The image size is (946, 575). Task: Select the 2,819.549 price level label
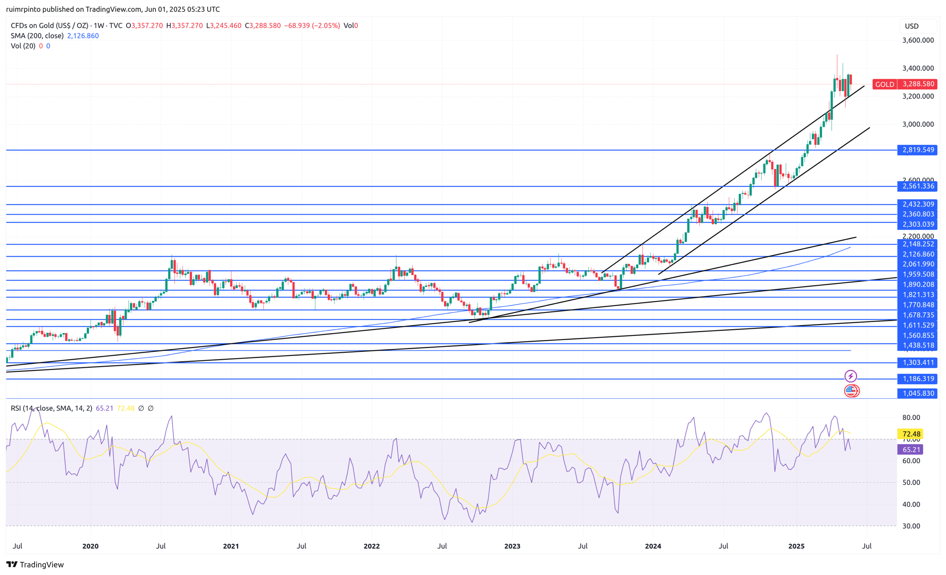918,150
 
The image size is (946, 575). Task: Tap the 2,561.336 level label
918,186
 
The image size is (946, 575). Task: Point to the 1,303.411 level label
918,363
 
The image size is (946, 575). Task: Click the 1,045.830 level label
918,393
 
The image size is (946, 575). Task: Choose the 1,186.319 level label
918,379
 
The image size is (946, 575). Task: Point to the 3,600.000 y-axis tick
918,40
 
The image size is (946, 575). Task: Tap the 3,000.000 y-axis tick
918,124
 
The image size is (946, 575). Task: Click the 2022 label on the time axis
371,546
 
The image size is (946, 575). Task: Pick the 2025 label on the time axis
796,546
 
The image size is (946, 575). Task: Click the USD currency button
912,26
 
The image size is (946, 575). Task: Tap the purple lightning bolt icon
850,376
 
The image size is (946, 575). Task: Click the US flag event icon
851,391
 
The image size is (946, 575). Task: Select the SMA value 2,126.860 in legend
83,36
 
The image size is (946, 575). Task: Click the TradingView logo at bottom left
35,565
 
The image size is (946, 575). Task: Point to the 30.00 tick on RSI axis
911,526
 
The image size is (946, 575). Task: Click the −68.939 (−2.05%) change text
312,26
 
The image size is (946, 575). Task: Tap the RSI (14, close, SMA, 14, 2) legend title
51,408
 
